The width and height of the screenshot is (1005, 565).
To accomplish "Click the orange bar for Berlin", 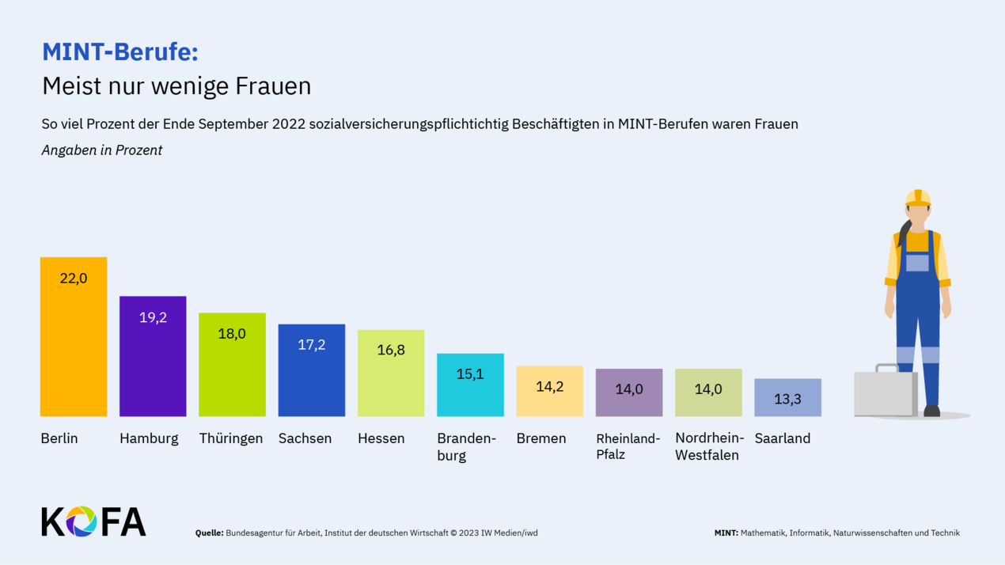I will point(74,348).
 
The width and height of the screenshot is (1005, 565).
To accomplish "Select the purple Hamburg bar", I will point(153,364).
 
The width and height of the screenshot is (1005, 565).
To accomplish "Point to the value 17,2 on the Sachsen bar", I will point(311,345).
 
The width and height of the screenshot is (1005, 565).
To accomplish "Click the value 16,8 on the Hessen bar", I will point(391,350).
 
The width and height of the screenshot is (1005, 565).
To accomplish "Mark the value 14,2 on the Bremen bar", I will point(550,387).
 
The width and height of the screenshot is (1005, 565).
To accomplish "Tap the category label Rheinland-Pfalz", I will point(628,446).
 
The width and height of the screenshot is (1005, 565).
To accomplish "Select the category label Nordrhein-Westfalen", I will point(709,446).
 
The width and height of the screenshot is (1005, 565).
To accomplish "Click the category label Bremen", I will point(541,438).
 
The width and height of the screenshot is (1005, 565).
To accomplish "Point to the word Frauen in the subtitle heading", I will point(273,85).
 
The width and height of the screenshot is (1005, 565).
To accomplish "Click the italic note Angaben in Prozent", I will point(102,150).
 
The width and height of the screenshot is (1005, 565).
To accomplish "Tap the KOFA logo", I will point(93,521).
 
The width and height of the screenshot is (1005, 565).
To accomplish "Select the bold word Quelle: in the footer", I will point(209,533).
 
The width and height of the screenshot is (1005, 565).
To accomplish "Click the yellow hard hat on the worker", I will point(918,198).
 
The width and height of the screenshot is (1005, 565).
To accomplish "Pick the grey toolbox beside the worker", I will point(885,392).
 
